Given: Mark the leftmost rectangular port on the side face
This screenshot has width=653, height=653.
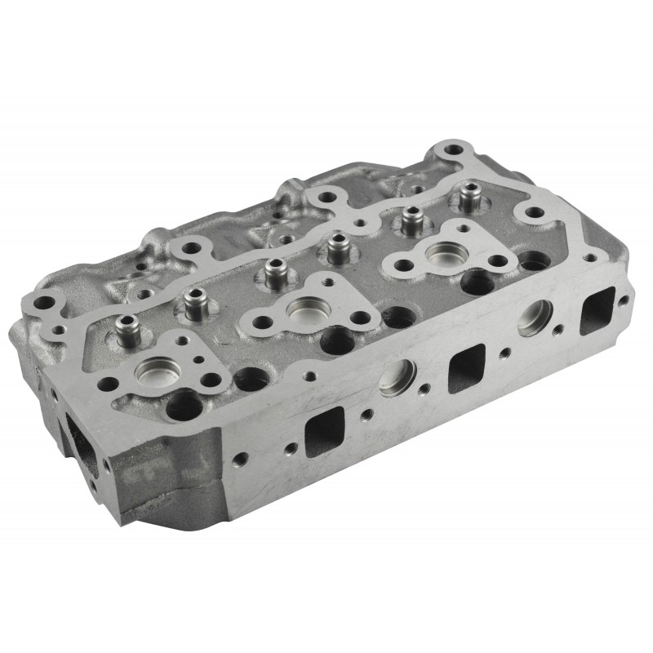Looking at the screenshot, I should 320,433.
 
